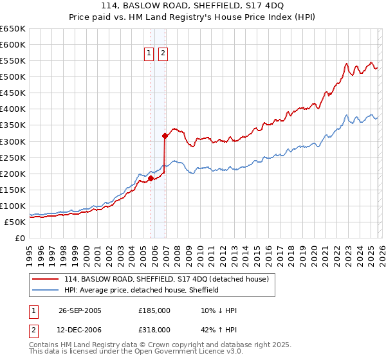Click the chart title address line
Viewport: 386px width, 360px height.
pos(193,6)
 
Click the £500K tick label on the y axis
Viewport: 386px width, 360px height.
pos(13,77)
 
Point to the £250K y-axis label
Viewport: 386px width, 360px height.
pos(13,157)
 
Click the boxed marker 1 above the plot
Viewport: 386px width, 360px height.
pos(149,54)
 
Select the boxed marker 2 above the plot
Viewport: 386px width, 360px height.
pos(163,54)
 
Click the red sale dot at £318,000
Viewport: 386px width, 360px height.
pos(165,136)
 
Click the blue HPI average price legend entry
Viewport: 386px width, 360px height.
pos(142,290)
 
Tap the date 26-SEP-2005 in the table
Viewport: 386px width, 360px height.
pos(80,310)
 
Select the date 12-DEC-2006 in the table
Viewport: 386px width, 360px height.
pos(80,330)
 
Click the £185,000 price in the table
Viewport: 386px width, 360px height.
pos(154,310)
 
